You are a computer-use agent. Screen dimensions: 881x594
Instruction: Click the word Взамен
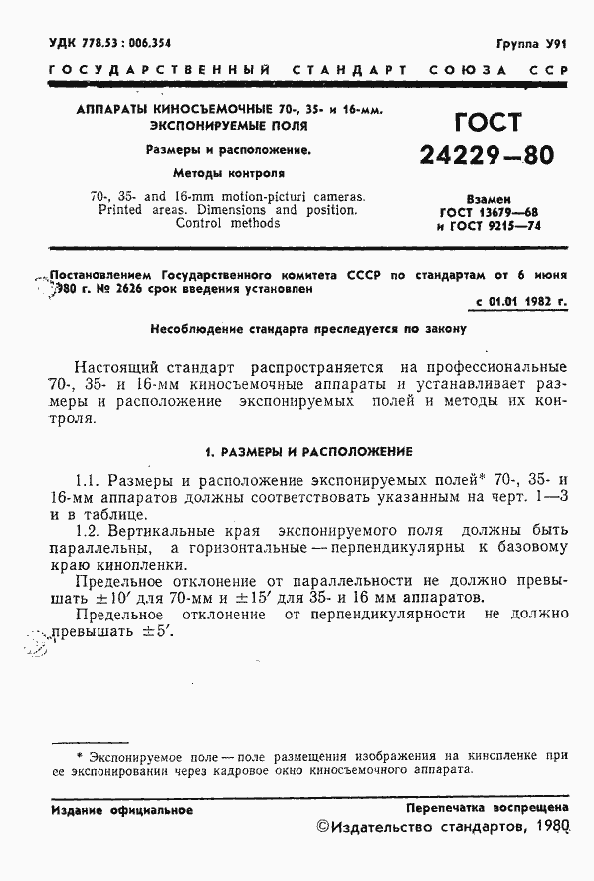[489, 200]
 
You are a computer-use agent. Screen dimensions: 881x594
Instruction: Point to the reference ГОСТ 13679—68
[489, 212]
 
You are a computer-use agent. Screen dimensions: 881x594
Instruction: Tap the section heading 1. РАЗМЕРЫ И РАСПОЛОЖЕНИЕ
[307, 451]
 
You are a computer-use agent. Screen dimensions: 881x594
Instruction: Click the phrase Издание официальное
[121, 809]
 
